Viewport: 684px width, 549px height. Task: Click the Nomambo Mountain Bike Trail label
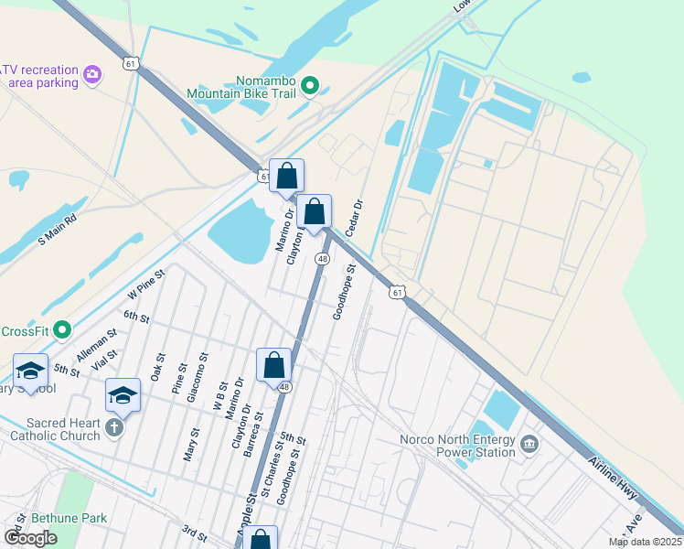pos(241,87)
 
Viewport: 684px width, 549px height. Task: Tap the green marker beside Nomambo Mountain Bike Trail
pos(310,87)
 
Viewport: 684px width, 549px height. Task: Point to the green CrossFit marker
pos(61,328)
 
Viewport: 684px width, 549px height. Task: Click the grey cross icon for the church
pos(114,427)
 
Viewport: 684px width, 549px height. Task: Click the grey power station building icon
pos(529,446)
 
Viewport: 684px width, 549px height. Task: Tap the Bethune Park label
pos(69,518)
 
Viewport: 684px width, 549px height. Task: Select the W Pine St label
pos(146,284)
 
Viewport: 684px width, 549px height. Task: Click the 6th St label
pos(136,317)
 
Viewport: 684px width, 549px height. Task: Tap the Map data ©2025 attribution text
pos(645,542)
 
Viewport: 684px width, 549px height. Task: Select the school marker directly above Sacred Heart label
pos(123,395)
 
